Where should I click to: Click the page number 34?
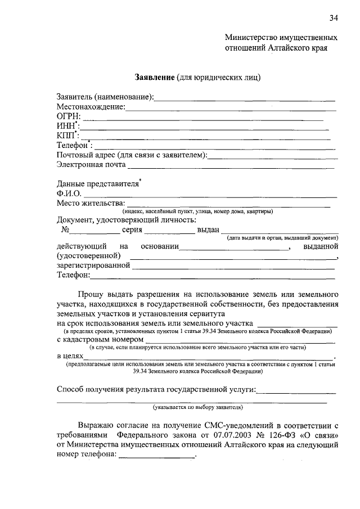[334, 18]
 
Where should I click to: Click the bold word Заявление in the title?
[155, 76]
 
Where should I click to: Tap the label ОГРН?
[68, 116]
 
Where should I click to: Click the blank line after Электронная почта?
[231, 167]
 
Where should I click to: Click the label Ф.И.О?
[69, 193]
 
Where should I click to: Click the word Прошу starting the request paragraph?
[91, 294]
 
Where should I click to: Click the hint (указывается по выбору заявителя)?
[197, 407]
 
